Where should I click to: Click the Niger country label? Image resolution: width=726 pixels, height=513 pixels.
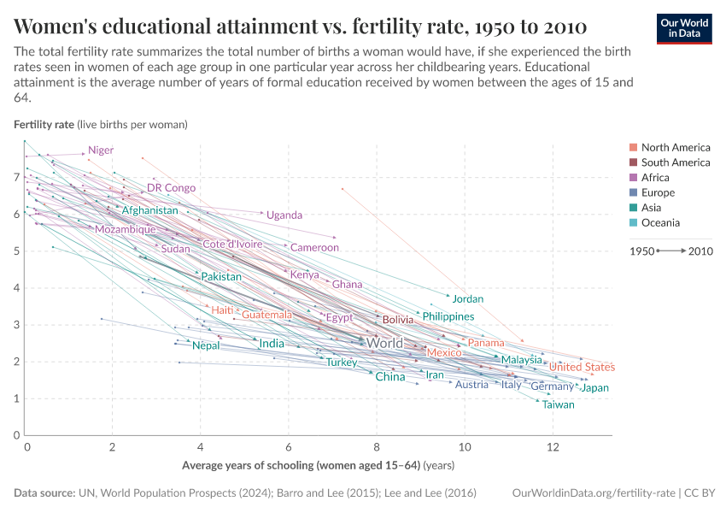(x=101, y=150)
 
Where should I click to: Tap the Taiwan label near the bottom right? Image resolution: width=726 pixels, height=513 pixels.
(x=559, y=404)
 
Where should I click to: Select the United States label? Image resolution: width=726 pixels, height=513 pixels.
(x=582, y=367)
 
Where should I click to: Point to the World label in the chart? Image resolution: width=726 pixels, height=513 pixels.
(x=384, y=343)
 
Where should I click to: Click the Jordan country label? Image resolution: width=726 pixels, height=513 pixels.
(x=467, y=299)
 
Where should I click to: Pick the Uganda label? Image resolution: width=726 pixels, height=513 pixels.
(x=284, y=215)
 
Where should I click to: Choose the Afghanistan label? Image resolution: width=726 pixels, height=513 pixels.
(x=149, y=210)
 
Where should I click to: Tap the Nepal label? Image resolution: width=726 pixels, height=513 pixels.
(x=205, y=345)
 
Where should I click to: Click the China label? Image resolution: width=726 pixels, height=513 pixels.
(x=390, y=376)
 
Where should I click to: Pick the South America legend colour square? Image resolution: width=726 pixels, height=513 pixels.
(x=633, y=162)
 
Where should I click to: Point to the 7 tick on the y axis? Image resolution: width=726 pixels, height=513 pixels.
(x=16, y=177)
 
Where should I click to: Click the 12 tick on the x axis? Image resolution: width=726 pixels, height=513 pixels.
(x=553, y=447)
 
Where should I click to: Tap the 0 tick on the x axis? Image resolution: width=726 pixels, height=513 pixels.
(x=27, y=447)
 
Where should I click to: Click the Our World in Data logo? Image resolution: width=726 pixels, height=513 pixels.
(x=684, y=27)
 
